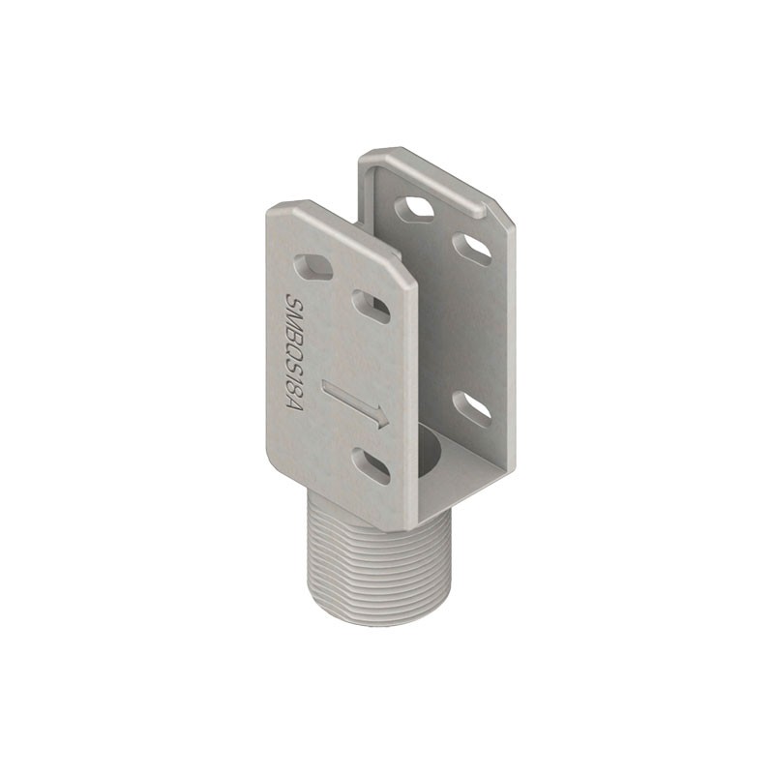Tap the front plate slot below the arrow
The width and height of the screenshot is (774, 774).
coord(371,465)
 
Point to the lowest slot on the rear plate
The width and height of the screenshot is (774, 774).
coord(472,409)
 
